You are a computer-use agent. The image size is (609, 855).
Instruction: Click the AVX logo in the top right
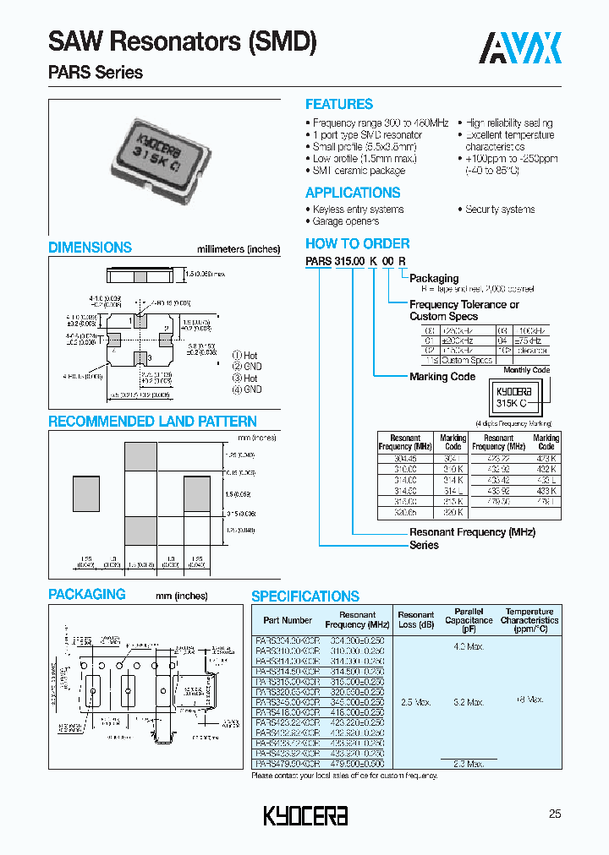pyautogui.click(x=521, y=48)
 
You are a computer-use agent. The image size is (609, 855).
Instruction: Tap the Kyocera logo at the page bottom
pyautogui.click(x=305, y=815)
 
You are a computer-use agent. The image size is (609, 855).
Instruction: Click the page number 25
pyautogui.click(x=555, y=814)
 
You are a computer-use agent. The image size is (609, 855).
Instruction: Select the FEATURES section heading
pyautogui.click(x=339, y=105)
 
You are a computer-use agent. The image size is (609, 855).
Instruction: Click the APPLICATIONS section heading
pyautogui.click(x=353, y=193)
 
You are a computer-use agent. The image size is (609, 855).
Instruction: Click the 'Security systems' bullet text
pyautogui.click(x=500, y=210)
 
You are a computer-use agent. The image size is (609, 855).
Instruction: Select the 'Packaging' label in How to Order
pyautogui.click(x=434, y=278)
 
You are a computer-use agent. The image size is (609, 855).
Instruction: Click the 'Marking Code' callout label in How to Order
pyautogui.click(x=442, y=377)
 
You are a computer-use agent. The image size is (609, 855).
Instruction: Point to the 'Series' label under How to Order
pyautogui.click(x=424, y=545)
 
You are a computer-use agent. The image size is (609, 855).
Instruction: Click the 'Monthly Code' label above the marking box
pyautogui.click(x=526, y=370)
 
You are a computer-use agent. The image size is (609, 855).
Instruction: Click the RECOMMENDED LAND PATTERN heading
pyautogui.click(x=152, y=422)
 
